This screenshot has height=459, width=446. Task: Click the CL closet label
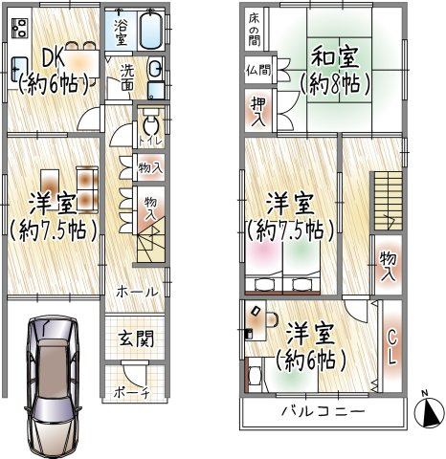(390, 346)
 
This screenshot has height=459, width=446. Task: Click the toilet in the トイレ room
(148, 125)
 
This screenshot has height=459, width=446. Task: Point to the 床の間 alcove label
(256, 31)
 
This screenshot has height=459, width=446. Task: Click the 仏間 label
(256, 71)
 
